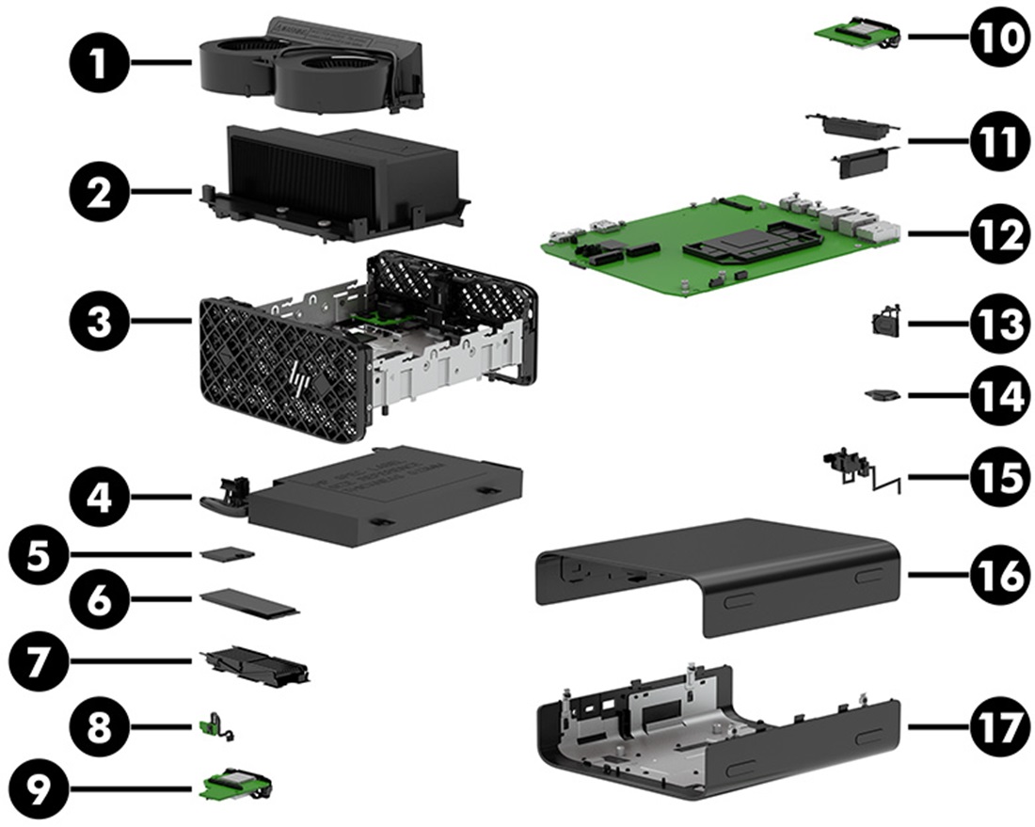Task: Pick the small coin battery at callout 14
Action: pyautogui.click(x=884, y=396)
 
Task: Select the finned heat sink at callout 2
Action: pyautogui.click(x=334, y=179)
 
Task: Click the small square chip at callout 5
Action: pyautogui.click(x=226, y=554)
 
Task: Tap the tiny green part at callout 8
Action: pyautogui.click(x=214, y=724)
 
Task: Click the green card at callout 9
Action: pyautogui.click(x=235, y=783)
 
